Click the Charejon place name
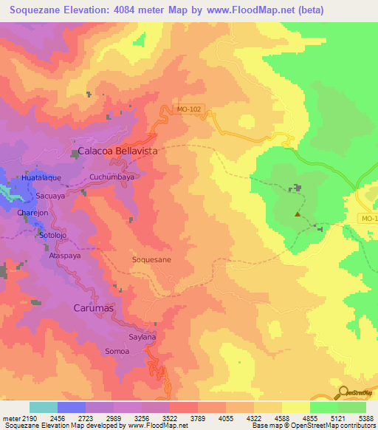point(32,213)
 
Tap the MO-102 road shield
point(189,110)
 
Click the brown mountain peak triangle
point(298,215)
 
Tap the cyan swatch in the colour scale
point(44,407)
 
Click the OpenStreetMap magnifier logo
point(343,392)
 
